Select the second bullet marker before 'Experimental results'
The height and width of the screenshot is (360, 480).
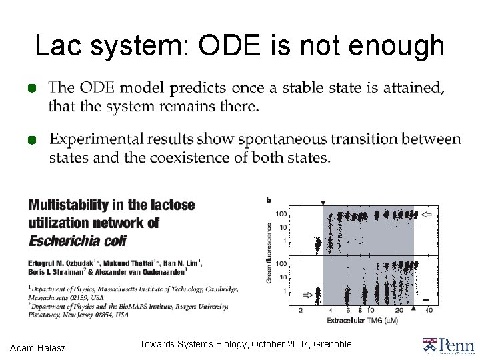click(31, 140)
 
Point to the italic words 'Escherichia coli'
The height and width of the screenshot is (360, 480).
click(77, 240)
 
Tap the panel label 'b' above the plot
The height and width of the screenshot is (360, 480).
click(269, 199)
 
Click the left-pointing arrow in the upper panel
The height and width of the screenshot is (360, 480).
click(427, 215)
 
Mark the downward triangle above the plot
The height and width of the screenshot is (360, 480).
click(323, 203)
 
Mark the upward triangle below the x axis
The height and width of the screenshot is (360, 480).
click(413, 308)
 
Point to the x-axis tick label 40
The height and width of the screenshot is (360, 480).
click(429, 310)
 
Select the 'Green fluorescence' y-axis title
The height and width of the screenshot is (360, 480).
click(269, 253)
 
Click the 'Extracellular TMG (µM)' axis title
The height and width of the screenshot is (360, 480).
click(363, 321)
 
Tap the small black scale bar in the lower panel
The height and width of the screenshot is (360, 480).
click(425, 298)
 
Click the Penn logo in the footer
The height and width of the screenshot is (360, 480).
click(448, 345)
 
